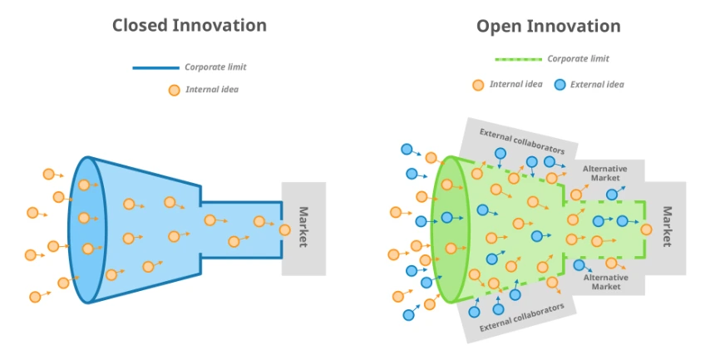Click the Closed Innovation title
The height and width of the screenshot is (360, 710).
click(x=190, y=25)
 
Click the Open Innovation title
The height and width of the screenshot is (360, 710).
click(x=548, y=26)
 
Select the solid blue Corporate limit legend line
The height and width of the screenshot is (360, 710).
click(x=155, y=67)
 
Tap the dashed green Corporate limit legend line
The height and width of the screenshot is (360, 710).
click(x=518, y=59)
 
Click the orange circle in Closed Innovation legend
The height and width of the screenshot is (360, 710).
click(x=174, y=90)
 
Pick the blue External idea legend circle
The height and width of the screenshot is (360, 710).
click(x=560, y=85)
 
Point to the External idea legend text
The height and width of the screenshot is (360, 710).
click(x=596, y=85)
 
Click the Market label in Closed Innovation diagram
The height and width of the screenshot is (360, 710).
click(x=303, y=227)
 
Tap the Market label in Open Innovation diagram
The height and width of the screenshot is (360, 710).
click(x=666, y=226)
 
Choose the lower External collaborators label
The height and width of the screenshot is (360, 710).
click(x=522, y=318)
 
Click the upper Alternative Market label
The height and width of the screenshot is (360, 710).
click(x=604, y=173)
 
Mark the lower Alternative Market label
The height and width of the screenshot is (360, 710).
click(x=605, y=282)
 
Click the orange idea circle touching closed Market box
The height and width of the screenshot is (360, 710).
click(x=285, y=229)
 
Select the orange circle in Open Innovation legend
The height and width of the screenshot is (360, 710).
click(x=478, y=85)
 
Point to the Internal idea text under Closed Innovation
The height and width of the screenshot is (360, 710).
click(x=211, y=90)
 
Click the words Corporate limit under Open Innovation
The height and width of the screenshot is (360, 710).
click(x=578, y=59)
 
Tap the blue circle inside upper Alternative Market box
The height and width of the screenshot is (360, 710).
click(x=612, y=195)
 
